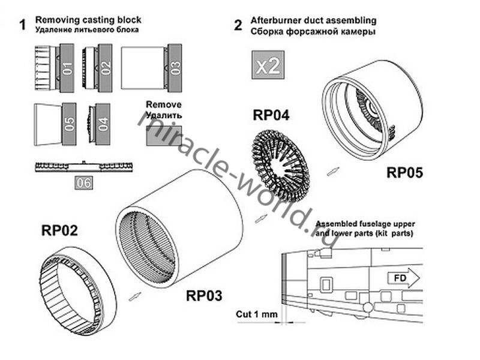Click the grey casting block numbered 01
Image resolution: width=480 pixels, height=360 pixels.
[x=67, y=67]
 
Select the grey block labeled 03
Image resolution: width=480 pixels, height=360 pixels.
[x=175, y=67]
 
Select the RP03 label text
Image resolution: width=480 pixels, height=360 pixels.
[x=204, y=296]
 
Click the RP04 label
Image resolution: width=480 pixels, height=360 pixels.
[x=271, y=114]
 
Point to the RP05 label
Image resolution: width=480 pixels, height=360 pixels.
[x=405, y=173]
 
